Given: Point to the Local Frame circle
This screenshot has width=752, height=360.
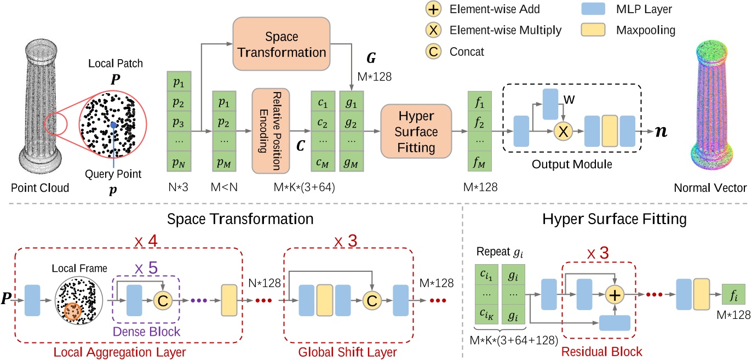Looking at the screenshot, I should [77, 297].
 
